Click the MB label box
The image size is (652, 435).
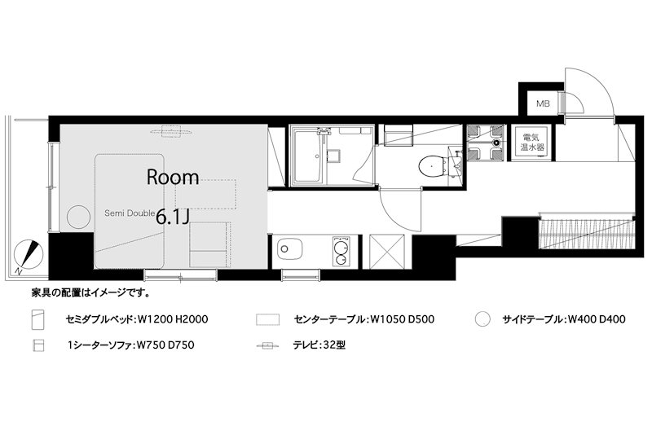tap(543, 103)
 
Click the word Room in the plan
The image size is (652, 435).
tap(173, 178)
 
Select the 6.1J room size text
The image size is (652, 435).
tap(173, 217)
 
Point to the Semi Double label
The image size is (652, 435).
tap(130, 213)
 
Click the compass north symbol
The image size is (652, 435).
tap(29, 255)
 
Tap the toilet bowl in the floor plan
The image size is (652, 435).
tap(431, 167)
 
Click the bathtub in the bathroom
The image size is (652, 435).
tap(309, 156)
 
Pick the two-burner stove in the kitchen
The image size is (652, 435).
tap(341, 251)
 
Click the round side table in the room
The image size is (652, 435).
tap(78, 217)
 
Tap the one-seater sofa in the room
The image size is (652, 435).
tap(209, 244)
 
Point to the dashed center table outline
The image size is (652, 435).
tap(205, 194)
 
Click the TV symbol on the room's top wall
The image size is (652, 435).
tap(170, 132)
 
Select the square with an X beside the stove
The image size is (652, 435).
tap(386, 252)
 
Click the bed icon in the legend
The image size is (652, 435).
tap(37, 319)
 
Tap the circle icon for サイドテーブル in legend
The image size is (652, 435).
tap(482, 319)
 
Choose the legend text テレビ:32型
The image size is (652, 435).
tap(319, 345)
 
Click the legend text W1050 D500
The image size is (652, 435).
tap(402, 319)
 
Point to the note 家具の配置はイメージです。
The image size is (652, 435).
tap(91, 293)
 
